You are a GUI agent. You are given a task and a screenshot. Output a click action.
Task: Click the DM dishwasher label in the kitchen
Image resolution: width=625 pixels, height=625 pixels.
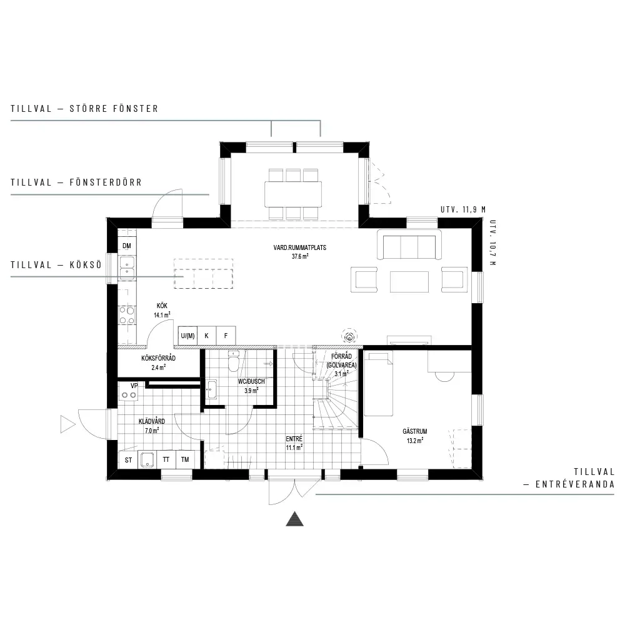(127, 246)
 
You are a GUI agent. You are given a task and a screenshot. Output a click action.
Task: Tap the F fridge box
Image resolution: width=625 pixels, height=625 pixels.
(226, 336)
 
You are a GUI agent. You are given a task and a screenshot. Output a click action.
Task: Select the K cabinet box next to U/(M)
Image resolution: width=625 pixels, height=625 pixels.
(206, 336)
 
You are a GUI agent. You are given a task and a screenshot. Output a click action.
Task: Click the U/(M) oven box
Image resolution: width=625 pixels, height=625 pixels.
(187, 336)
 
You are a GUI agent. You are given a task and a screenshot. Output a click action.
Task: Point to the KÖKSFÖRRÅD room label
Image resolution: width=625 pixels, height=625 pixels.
(158, 358)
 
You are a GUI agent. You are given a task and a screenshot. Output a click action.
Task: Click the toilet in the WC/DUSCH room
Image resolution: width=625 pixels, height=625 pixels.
(233, 361)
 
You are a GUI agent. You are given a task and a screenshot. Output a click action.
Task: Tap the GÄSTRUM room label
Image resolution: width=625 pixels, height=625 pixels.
(415, 431)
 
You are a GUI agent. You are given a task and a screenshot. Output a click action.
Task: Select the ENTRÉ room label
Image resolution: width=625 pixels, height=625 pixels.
(294, 439)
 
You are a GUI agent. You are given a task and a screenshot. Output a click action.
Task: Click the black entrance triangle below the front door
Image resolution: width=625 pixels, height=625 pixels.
(294, 519)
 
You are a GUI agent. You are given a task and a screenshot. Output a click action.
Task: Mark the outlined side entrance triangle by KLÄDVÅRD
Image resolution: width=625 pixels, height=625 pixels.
(67, 424)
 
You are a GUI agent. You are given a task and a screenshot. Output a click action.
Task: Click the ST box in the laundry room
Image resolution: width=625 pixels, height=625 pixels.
(128, 460)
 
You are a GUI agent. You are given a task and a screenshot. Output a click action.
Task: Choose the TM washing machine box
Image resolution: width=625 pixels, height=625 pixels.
(185, 459)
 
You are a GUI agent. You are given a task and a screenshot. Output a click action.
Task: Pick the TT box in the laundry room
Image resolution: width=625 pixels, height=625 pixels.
(166, 459)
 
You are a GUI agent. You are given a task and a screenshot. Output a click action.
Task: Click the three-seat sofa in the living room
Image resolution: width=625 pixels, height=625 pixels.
(409, 245)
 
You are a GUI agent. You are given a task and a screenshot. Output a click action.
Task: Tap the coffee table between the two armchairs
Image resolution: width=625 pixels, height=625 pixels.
(409, 282)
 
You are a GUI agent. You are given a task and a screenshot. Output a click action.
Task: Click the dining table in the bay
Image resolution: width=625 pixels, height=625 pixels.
(293, 194)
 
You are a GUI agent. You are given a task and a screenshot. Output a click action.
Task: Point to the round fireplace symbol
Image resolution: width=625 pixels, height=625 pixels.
(349, 336)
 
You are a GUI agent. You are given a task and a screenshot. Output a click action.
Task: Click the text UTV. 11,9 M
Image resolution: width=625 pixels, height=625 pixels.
(463, 209)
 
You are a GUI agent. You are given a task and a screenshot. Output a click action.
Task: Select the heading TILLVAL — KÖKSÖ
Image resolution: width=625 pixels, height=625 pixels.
(56, 265)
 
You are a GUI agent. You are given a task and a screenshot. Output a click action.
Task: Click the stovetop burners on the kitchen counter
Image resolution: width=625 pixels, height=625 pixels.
(127, 315)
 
